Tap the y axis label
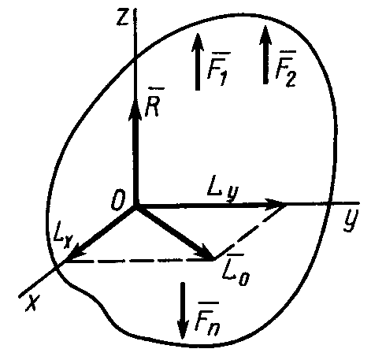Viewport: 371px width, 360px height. pos(351,221)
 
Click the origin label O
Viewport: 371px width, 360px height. pos(118,201)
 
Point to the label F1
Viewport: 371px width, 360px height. pos(219,69)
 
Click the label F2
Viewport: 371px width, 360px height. pos(286,69)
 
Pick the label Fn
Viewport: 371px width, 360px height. pos(207,319)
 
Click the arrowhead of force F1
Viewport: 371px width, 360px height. pos(198,42)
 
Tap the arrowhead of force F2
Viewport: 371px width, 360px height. pos(265,35)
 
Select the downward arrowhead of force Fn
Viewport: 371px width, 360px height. pos(183,328)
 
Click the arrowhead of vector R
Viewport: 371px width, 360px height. pos(135,109)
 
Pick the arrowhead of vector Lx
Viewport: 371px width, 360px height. pos(74,253)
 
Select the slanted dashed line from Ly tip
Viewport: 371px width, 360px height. pos(250,232)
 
